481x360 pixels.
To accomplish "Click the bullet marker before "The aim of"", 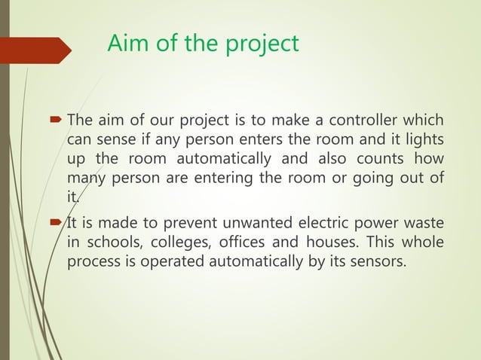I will (x=57, y=121).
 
